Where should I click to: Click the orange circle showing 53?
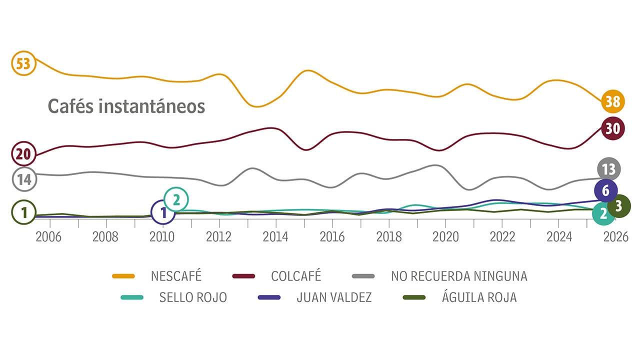coord(23,64)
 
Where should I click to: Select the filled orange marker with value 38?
coord(612,102)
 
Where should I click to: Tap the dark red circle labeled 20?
coord(23,154)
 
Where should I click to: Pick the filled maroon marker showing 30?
coord(612,128)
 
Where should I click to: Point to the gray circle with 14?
coord(23,180)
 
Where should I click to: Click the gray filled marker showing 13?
coord(608,169)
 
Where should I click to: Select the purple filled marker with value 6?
coord(606,190)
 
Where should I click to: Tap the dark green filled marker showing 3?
coord(618,205)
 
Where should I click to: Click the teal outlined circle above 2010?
coord(176,199)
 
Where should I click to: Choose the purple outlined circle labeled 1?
coord(162,212)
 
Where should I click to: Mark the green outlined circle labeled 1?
coord(23,212)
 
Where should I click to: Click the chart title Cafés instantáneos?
coord(126,106)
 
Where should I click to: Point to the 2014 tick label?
coord(275,236)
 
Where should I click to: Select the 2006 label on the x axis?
coord(49,236)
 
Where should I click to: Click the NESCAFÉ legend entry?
coord(176,276)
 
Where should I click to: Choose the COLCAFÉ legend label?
coord(296,276)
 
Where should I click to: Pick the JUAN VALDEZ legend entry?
coord(334,297)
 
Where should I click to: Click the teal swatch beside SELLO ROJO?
coord(132,297)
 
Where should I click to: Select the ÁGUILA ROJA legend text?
coord(479,297)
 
